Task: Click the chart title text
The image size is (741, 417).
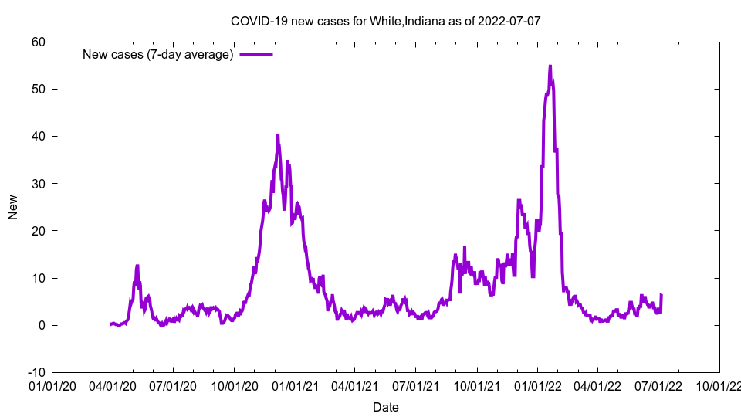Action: pos(386,21)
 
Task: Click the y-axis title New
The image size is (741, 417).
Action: pos(13,207)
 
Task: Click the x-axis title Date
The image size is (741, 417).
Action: pos(386,407)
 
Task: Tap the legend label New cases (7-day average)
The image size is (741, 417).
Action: pos(158,54)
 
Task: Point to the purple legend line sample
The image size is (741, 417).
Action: pos(256,54)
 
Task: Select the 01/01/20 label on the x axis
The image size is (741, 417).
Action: pos(52,385)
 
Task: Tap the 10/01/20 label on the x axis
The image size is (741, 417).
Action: pos(235,385)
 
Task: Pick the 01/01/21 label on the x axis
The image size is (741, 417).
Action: pos(296,385)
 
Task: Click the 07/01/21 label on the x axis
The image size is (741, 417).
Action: pos(417,385)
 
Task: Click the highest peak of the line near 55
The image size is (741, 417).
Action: pos(550,66)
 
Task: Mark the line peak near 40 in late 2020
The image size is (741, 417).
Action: pos(278,135)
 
